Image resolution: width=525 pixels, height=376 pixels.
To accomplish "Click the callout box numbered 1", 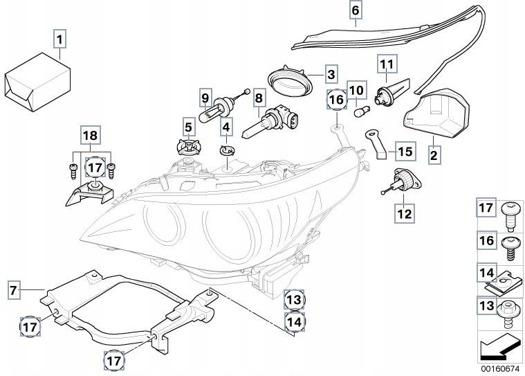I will (60, 39).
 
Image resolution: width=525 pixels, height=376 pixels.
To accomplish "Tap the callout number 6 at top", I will (355, 10).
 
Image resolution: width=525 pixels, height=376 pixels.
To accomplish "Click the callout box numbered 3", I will (331, 74).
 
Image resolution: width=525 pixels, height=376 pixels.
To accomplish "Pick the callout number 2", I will (434, 156).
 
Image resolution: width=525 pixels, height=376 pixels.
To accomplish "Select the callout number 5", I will (187, 127).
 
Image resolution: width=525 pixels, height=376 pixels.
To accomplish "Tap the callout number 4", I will (225, 127).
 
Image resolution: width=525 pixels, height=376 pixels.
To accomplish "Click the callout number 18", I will (91, 136).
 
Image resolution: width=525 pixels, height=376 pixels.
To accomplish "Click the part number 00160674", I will (499, 369).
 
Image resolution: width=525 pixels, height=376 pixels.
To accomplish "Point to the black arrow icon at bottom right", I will (499, 344).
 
